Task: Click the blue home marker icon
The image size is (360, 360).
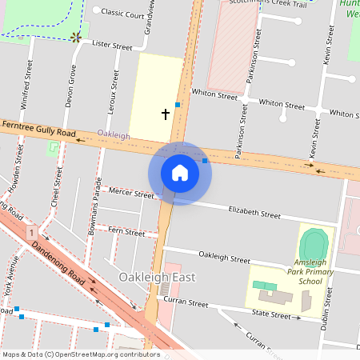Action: click(180, 173)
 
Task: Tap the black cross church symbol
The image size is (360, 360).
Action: click(166, 114)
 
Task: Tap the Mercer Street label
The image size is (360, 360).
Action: click(132, 194)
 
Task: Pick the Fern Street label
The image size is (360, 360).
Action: click(126, 233)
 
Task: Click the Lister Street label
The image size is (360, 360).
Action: click(112, 46)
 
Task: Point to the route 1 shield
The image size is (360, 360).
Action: click(31, 233)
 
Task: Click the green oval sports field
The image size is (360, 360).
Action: click(314, 242)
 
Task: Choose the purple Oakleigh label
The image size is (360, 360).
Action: click(114, 135)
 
